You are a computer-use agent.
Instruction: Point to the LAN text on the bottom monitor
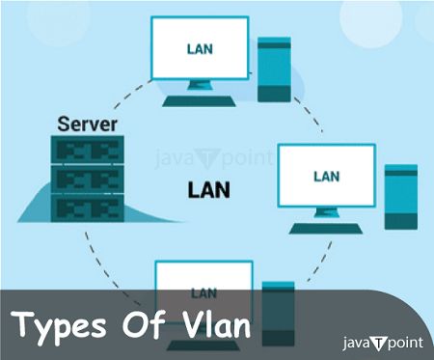tap(203, 291)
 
